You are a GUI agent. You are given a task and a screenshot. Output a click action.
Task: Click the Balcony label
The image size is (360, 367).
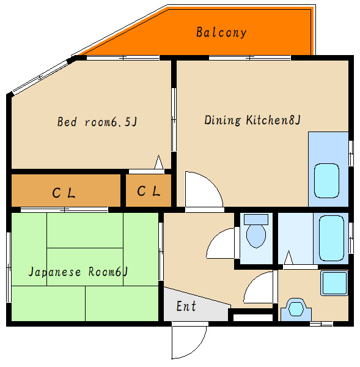click(221, 32)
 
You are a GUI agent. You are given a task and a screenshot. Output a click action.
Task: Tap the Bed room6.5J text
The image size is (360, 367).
click(97, 122)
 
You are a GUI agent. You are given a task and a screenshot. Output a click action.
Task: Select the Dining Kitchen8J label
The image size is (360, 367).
click(252, 120)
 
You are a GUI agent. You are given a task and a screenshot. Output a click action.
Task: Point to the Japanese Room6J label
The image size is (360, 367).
click(78, 272)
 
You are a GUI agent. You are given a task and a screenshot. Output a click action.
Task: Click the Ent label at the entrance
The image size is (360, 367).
click(186, 306)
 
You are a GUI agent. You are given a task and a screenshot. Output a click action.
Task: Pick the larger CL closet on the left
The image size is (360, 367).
click(66, 190)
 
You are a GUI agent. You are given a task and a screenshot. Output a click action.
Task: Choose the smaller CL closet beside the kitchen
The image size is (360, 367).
click(149, 190)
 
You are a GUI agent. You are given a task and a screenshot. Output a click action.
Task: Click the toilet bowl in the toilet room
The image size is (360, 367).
click(256, 236)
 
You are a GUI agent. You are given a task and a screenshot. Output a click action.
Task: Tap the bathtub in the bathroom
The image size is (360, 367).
click(331, 239)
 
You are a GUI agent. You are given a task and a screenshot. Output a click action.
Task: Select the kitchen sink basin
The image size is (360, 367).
click(326, 180)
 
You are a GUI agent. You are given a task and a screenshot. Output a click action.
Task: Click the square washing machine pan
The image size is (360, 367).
click(334, 283)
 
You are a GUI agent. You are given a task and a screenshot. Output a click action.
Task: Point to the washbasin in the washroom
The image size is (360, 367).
click(296, 310)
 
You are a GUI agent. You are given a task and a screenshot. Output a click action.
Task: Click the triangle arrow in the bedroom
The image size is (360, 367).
click(159, 162)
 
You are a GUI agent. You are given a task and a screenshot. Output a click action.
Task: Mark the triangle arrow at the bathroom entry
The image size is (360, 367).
click(288, 258)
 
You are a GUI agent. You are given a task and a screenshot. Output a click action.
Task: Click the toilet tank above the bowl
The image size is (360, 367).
click(256, 220)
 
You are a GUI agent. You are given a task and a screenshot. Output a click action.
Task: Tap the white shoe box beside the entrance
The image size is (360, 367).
click(253, 317)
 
